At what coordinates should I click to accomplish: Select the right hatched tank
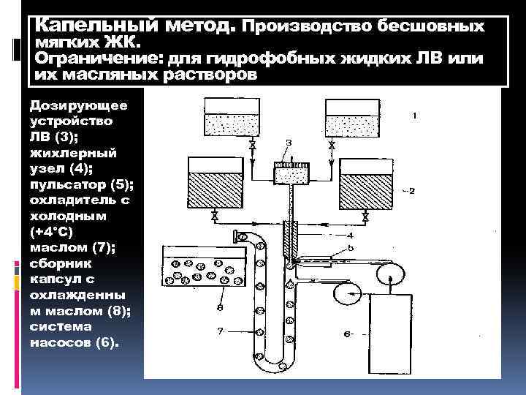point(365,184)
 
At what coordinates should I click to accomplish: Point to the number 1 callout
point(414,116)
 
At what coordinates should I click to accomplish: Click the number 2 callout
point(411,191)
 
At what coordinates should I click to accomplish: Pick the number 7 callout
point(220,331)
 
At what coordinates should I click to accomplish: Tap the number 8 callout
point(220,309)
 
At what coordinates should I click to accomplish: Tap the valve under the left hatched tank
point(214,217)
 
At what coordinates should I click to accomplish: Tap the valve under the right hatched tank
point(365,217)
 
